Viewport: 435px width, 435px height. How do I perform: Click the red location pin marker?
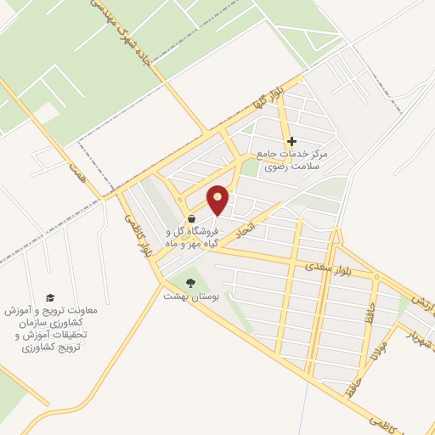click(x=218, y=199)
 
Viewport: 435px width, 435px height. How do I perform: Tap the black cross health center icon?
click(x=291, y=142)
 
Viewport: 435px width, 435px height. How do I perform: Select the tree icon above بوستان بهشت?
click(x=189, y=282)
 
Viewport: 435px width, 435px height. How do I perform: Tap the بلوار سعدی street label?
click(x=328, y=270)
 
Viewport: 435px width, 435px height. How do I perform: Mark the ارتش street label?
click(x=422, y=303)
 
